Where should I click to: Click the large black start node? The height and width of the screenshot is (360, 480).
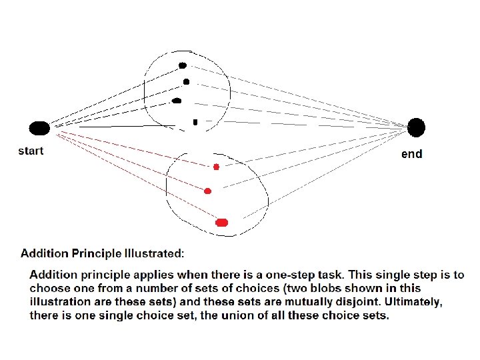tap(39, 128)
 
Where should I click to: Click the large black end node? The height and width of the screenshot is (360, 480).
tap(416, 127)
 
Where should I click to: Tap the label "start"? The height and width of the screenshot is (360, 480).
tap(31, 151)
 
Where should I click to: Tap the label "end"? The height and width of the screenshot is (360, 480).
tap(411, 154)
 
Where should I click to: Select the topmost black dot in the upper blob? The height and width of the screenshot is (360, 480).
tap(182, 65)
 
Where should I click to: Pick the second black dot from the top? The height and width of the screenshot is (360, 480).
tap(186, 82)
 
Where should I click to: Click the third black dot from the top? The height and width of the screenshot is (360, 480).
tap(177, 101)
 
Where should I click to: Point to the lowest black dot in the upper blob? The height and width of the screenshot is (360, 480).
tap(195, 122)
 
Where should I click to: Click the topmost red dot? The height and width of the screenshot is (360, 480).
tap(216, 166)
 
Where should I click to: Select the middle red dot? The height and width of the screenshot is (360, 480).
tap(207, 191)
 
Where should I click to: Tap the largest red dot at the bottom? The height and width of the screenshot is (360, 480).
tap(222, 222)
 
